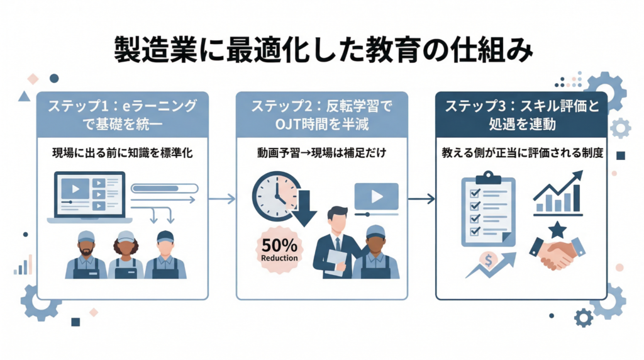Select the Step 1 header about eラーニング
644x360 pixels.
pos(122,115)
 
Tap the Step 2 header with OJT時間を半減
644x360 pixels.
pos(322,115)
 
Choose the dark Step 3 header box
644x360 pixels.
pos(521,115)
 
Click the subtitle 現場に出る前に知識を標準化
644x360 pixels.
pos(122,153)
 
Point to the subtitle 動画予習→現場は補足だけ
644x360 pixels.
pos(322,153)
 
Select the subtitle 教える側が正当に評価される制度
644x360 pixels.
pos(521,153)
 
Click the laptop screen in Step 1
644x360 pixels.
pos(88,194)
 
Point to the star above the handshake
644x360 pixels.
pos(557,230)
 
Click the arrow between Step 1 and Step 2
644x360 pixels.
pos(222,199)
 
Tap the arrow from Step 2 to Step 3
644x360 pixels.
pos(421,199)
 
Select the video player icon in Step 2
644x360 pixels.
pos(376,196)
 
